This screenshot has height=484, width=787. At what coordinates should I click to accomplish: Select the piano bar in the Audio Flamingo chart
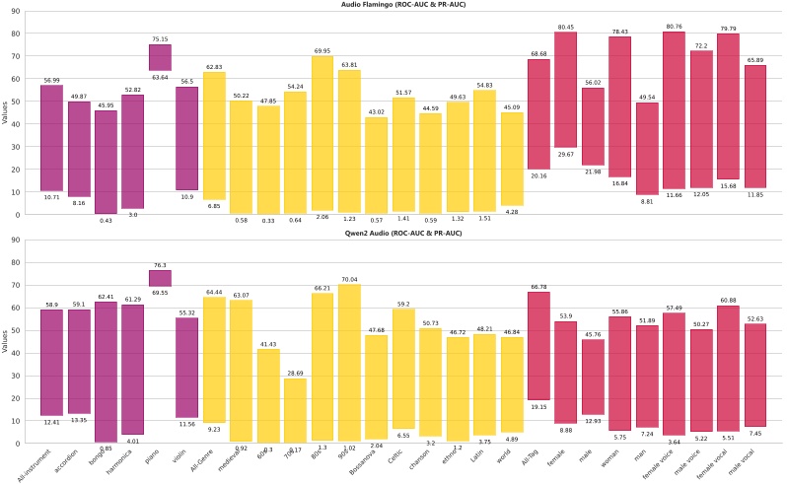pos(160,57)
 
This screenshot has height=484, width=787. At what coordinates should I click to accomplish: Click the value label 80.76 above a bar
pos(673,27)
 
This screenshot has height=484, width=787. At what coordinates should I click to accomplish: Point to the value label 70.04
pos(349,280)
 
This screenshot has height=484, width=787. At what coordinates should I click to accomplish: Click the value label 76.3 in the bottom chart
pos(160,264)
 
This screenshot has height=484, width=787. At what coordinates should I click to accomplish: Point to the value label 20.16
pos(538,175)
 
